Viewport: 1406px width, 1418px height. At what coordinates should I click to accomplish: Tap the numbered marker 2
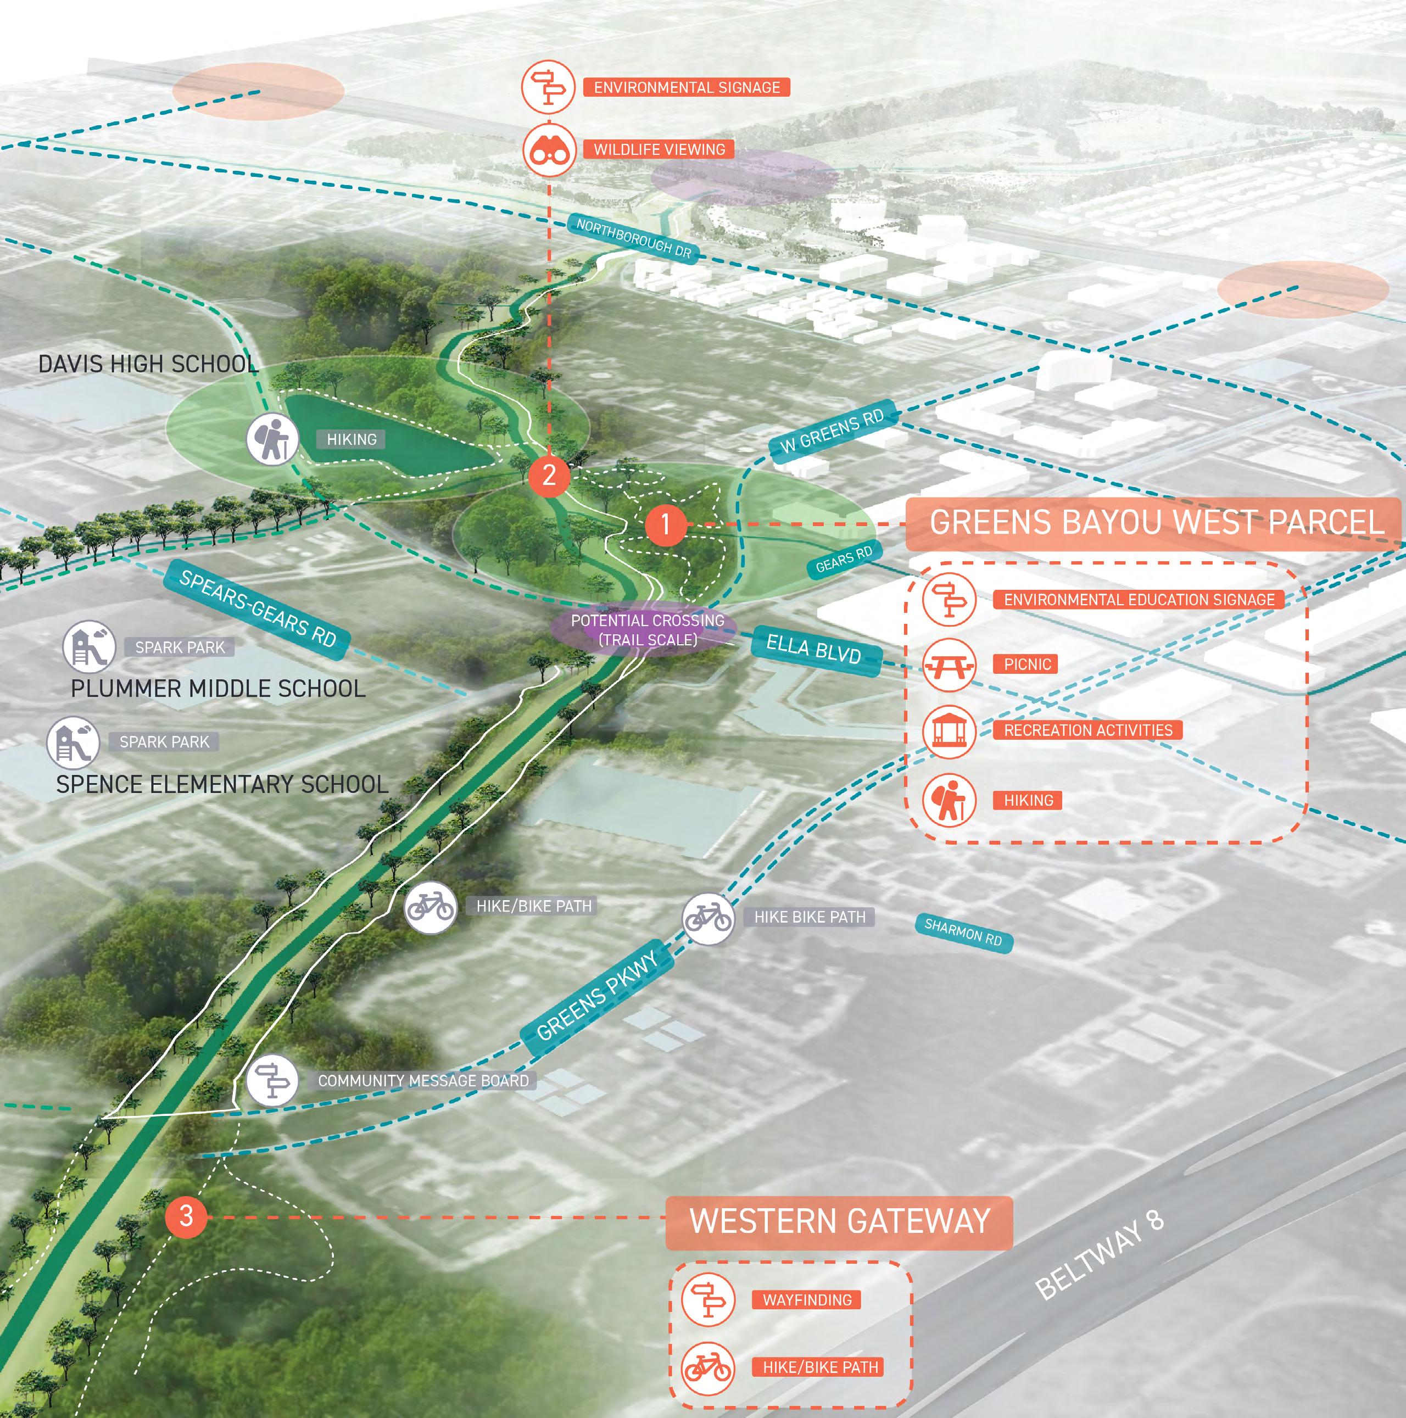pyautogui.click(x=549, y=475)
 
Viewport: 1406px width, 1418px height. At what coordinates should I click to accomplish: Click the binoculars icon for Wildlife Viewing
pyautogui.click(x=549, y=150)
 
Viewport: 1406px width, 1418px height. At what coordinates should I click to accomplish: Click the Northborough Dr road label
pyautogui.click(x=633, y=238)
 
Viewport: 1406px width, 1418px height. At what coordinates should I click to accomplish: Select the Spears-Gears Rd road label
pyautogui.click(x=257, y=608)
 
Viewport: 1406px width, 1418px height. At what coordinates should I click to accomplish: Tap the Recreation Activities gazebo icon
pyautogui.click(x=950, y=732)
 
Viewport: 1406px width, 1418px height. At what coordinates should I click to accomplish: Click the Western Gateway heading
pyautogui.click(x=840, y=1221)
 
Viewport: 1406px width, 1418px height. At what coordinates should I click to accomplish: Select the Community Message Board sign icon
pyautogui.click(x=272, y=1080)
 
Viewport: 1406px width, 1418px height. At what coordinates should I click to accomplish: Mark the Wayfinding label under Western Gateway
pyautogui.click(x=806, y=1300)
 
